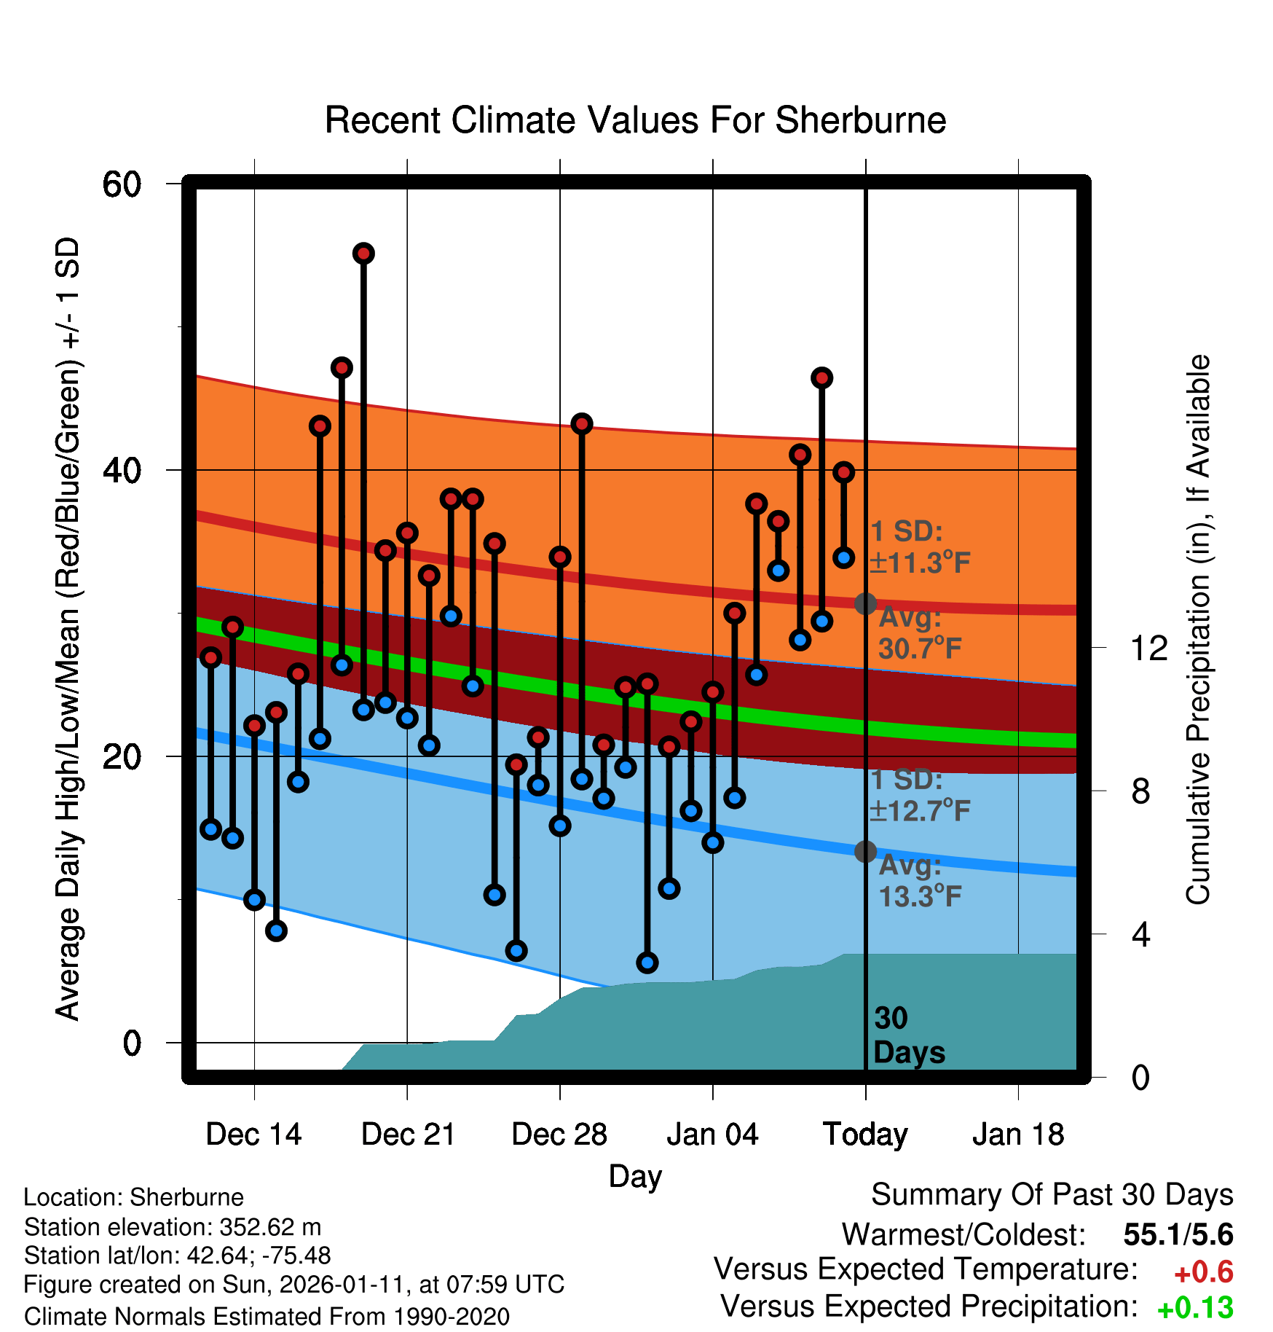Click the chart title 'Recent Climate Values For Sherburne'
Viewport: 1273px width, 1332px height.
[x=635, y=120]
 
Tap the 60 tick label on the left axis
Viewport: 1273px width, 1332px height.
[x=122, y=184]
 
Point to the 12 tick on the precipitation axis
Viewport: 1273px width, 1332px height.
[x=1149, y=648]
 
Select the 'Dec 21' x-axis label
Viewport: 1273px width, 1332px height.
[x=408, y=1135]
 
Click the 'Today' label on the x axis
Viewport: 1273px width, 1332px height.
[x=865, y=1135]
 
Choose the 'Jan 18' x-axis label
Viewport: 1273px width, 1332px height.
[x=1018, y=1135]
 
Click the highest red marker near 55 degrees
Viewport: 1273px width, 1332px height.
[x=363, y=254]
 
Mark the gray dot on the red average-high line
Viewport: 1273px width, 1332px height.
[x=865, y=603]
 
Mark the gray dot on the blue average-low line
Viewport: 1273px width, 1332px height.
[x=865, y=851]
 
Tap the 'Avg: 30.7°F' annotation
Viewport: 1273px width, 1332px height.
[x=919, y=632]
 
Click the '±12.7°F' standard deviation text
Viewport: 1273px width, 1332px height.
[x=921, y=810]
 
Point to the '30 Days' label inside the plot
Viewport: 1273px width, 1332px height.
[x=907, y=1035]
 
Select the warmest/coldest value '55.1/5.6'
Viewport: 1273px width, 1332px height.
[x=1178, y=1234]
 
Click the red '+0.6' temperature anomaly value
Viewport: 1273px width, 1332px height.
[x=1203, y=1272]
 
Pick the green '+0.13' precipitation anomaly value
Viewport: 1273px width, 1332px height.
[x=1195, y=1308]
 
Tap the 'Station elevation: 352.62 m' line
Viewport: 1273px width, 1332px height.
[x=173, y=1227]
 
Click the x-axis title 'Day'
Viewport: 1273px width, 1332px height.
[x=635, y=1176]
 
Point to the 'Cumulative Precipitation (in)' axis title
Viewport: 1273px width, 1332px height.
[x=1197, y=630]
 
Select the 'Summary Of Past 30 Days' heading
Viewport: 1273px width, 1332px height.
[x=1052, y=1195]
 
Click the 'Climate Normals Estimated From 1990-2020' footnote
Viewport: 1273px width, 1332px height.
[x=267, y=1317]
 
